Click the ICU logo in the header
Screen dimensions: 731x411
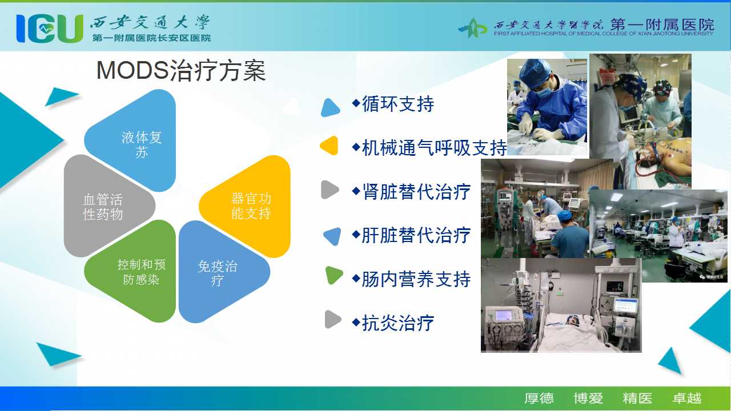50,29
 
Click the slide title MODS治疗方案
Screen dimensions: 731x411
181,70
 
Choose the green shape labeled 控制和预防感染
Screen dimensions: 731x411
130,271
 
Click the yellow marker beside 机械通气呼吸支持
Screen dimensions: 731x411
330,146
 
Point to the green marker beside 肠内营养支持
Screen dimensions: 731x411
334,275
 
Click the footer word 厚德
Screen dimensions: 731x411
539,398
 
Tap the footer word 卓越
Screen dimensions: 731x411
686,398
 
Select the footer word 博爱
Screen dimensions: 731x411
588,398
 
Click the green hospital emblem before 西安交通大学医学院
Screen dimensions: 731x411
473,28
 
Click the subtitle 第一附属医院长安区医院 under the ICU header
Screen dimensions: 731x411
151,38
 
